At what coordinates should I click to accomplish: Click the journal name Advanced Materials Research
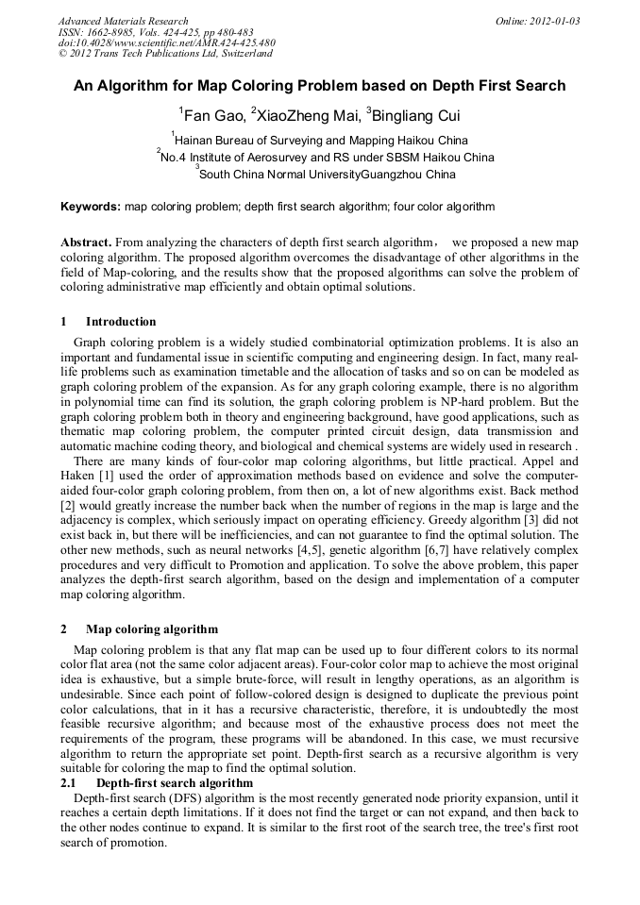click(123, 21)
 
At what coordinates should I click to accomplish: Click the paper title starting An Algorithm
click(320, 86)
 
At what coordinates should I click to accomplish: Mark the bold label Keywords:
click(91, 206)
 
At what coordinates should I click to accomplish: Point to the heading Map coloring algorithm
click(152, 629)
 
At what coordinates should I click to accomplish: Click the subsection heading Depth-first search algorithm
click(175, 783)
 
